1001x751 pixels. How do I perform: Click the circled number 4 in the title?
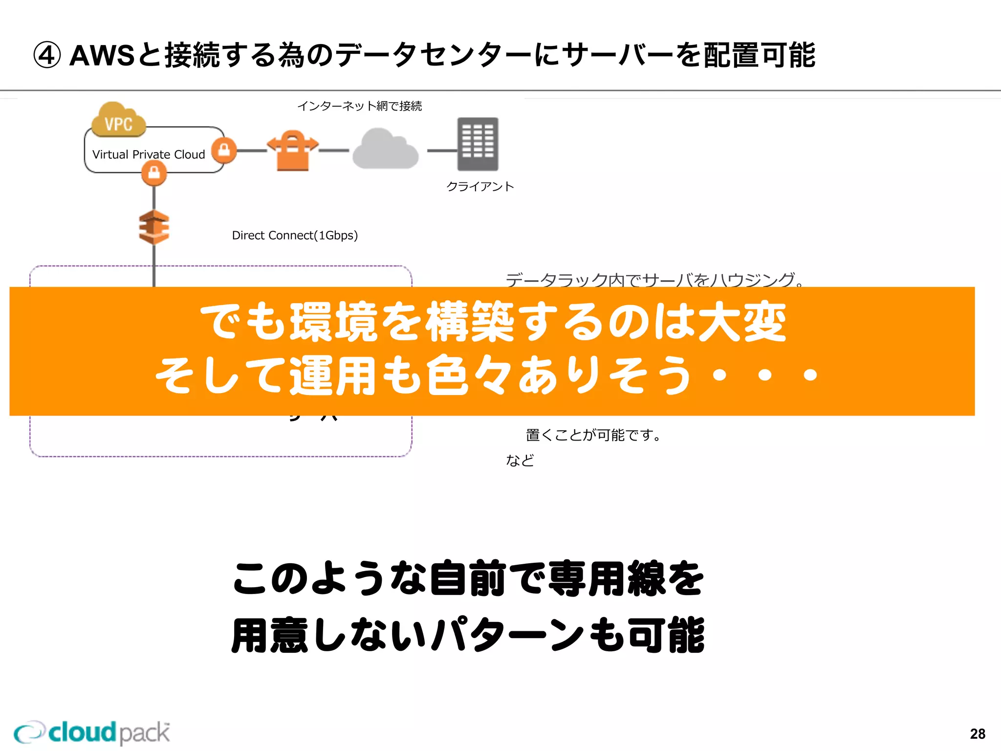point(47,55)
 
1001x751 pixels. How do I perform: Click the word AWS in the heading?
point(102,55)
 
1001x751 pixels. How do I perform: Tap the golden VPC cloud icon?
point(118,120)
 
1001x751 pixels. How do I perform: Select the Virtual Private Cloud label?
point(149,155)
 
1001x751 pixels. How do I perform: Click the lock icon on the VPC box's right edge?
point(224,150)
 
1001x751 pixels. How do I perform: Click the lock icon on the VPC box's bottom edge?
point(154,173)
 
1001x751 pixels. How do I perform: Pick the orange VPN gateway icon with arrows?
point(293,150)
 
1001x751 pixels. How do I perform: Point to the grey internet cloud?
point(385,149)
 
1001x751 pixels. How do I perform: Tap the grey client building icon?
point(478,144)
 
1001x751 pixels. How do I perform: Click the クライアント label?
point(480,186)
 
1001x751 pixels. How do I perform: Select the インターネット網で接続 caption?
point(359,106)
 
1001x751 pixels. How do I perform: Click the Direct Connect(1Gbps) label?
point(295,235)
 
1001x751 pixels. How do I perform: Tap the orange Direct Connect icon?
point(154,227)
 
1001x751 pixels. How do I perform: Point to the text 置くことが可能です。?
point(593,435)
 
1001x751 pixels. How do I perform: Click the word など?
point(520,460)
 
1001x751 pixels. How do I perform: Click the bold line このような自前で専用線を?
point(468,578)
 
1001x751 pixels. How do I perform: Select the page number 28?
point(978,733)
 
